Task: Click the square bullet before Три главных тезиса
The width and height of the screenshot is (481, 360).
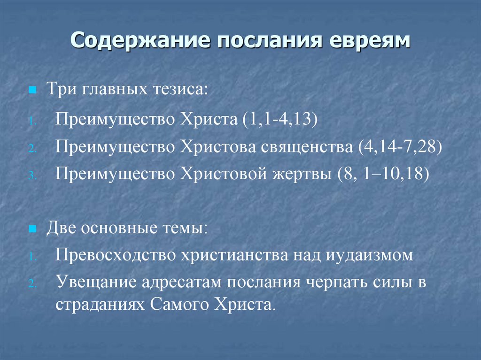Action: (32, 89)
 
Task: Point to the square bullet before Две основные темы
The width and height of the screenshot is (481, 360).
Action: (32, 230)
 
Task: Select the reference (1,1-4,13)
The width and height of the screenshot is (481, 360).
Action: (280, 119)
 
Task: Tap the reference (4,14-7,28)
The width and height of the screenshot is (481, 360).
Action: (399, 147)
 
